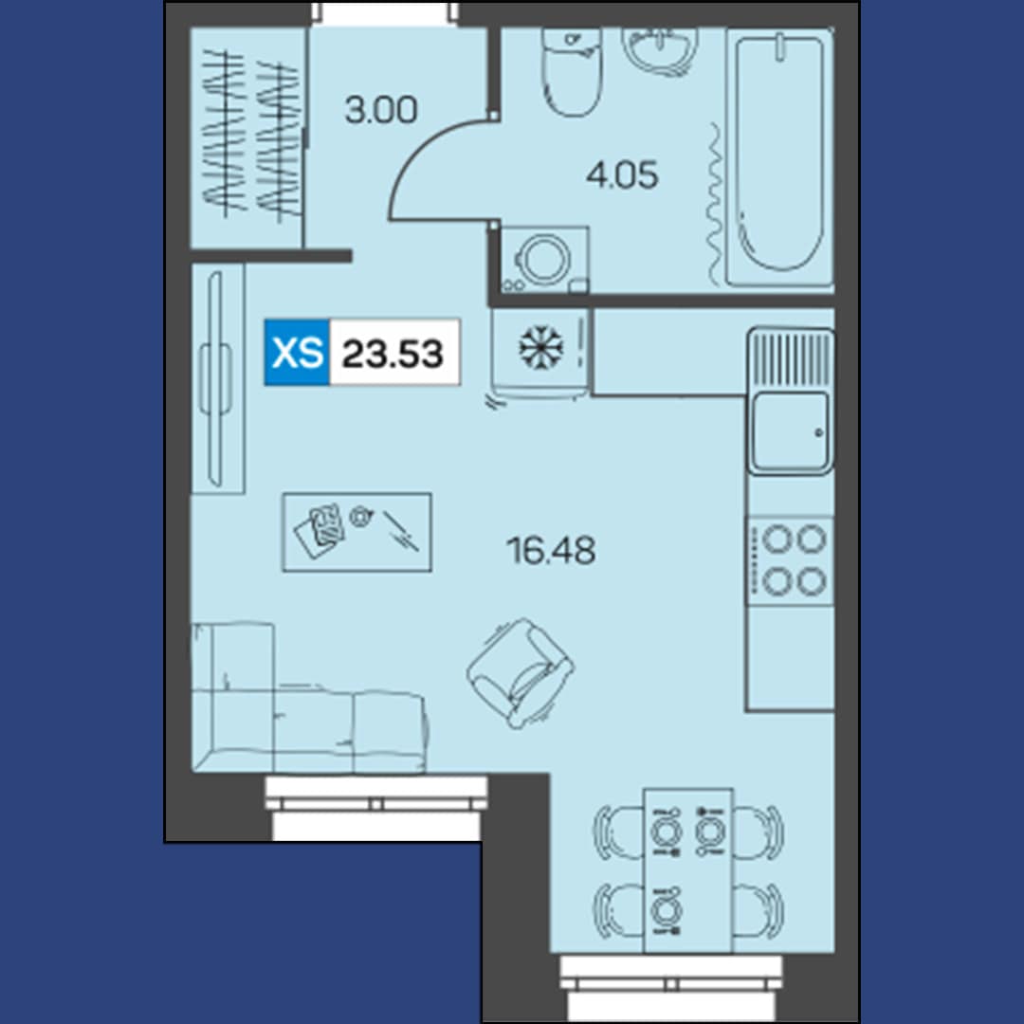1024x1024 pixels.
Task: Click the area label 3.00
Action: pyautogui.click(x=381, y=110)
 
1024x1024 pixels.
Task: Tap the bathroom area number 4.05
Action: pyautogui.click(x=622, y=175)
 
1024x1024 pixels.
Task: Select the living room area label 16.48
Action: pyautogui.click(x=551, y=550)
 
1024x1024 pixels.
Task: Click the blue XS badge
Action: pyautogui.click(x=297, y=353)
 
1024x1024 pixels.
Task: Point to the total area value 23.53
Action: pyautogui.click(x=393, y=354)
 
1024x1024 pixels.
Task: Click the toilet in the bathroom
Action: pyautogui.click(x=573, y=72)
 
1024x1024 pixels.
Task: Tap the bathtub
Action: pyautogui.click(x=779, y=156)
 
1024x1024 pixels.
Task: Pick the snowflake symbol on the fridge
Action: pyautogui.click(x=540, y=347)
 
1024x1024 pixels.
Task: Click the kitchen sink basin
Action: pyautogui.click(x=790, y=430)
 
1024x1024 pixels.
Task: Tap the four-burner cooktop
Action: pyautogui.click(x=790, y=560)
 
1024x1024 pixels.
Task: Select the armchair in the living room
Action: pyautogui.click(x=521, y=672)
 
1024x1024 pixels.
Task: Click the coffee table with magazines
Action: pyautogui.click(x=357, y=532)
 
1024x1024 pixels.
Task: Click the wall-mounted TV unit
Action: pyautogui.click(x=216, y=378)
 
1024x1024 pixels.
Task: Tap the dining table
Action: pyautogui.click(x=688, y=869)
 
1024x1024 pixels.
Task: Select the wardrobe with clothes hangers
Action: pyautogui.click(x=247, y=137)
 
